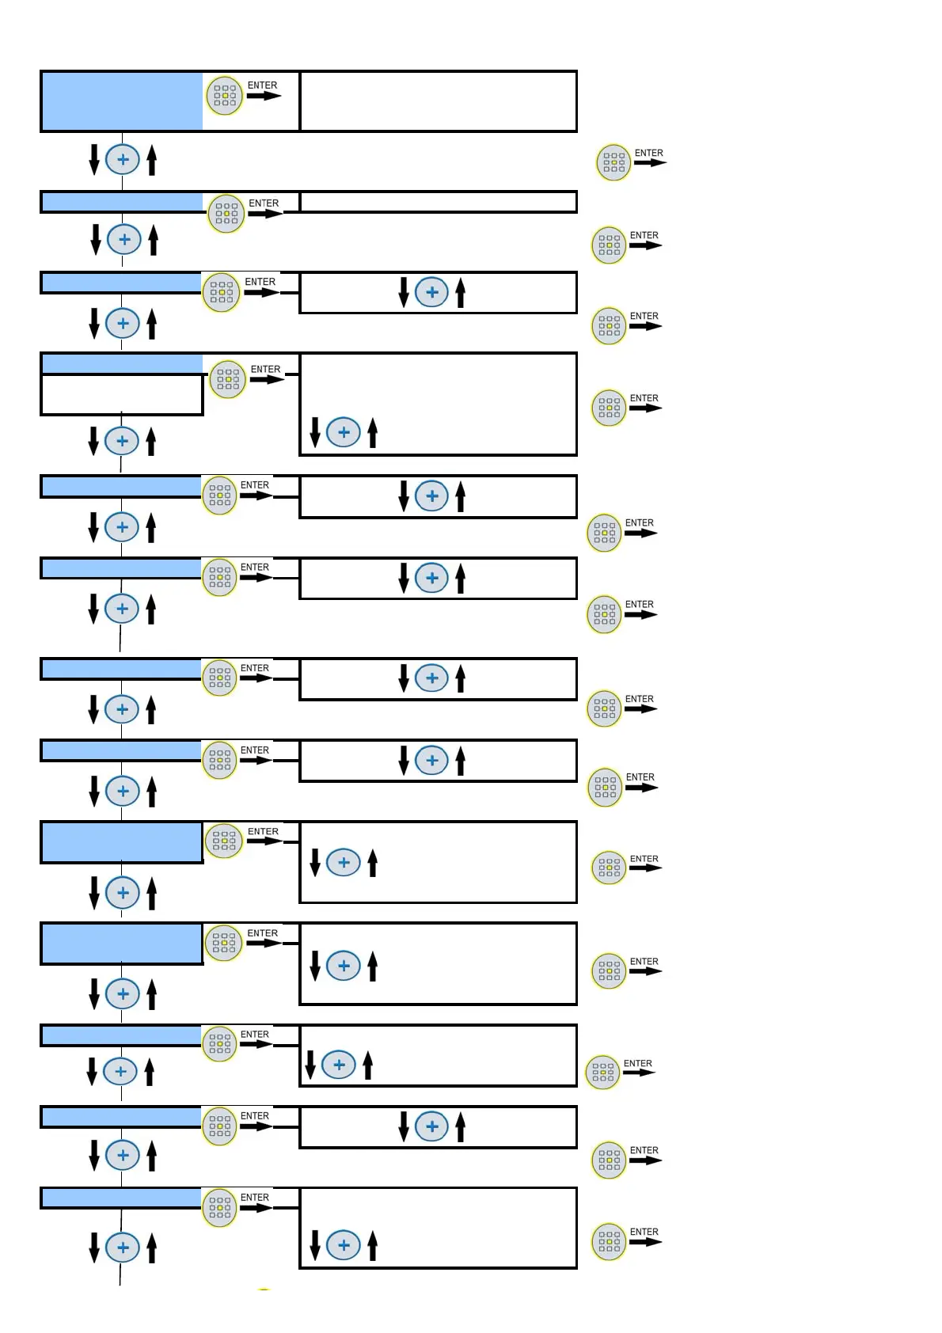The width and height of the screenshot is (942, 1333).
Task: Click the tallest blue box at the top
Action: pos(122,101)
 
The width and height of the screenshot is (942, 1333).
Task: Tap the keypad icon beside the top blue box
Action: pos(225,96)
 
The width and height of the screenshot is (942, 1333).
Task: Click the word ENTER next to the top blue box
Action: pos(262,85)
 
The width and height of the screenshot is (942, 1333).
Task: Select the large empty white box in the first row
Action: pos(438,101)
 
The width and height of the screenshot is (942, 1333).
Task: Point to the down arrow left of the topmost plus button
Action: pos(94,159)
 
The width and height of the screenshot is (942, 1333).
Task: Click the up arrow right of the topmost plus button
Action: pos(152,159)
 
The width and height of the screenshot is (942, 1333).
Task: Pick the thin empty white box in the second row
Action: pos(438,202)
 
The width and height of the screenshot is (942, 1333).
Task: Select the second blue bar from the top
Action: pos(122,202)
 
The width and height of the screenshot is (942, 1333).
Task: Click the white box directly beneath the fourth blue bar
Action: pos(122,394)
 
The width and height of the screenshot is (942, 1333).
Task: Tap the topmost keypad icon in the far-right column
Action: pos(613,162)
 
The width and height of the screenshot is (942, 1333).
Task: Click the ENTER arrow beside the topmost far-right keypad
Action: pos(650,163)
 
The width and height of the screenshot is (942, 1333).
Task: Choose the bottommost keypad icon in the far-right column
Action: pos(609,1241)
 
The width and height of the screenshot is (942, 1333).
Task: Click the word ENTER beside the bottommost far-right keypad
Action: pos(644,1232)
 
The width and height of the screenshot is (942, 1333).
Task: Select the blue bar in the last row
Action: pos(121,1198)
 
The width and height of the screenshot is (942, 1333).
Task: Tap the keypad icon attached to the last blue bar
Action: pos(220,1208)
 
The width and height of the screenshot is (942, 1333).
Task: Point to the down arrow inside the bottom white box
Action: pos(315,1245)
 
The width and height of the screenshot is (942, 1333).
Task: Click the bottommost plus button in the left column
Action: pos(123,1248)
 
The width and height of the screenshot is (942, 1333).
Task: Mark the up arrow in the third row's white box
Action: pos(461,292)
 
